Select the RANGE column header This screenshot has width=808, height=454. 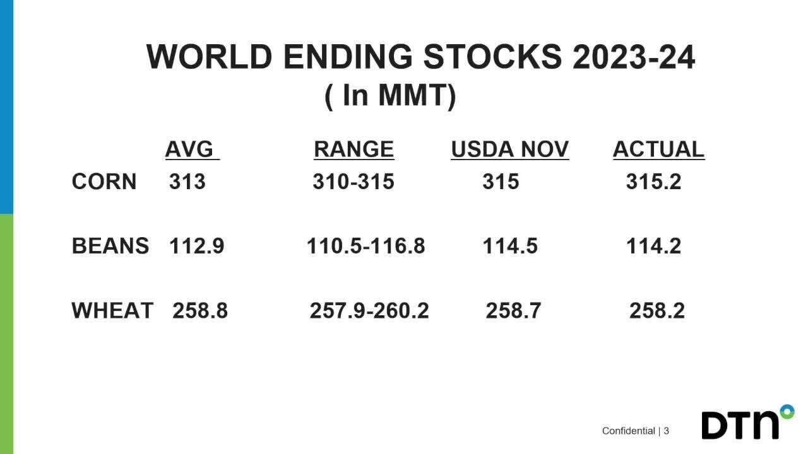[353, 149]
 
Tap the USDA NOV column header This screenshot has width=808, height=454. [509, 149]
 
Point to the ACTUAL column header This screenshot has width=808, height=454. [658, 149]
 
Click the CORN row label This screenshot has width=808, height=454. [104, 182]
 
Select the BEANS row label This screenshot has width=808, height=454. [110, 246]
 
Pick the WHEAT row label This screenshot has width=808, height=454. [112, 311]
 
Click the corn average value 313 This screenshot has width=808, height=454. [187, 182]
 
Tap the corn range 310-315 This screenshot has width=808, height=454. [353, 182]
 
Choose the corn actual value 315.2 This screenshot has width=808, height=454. [653, 182]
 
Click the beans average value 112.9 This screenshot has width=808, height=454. [196, 246]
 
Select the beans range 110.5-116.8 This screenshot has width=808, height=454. [366, 246]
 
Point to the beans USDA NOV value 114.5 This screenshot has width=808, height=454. [510, 246]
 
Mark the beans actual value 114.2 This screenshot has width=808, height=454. [653, 246]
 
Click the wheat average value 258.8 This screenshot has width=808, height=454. [200, 311]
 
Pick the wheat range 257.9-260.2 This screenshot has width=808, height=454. [369, 311]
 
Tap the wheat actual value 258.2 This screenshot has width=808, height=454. [657, 311]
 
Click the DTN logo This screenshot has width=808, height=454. [747, 424]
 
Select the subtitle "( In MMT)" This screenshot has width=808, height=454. [390, 96]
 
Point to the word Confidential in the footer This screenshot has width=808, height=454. [628, 431]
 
